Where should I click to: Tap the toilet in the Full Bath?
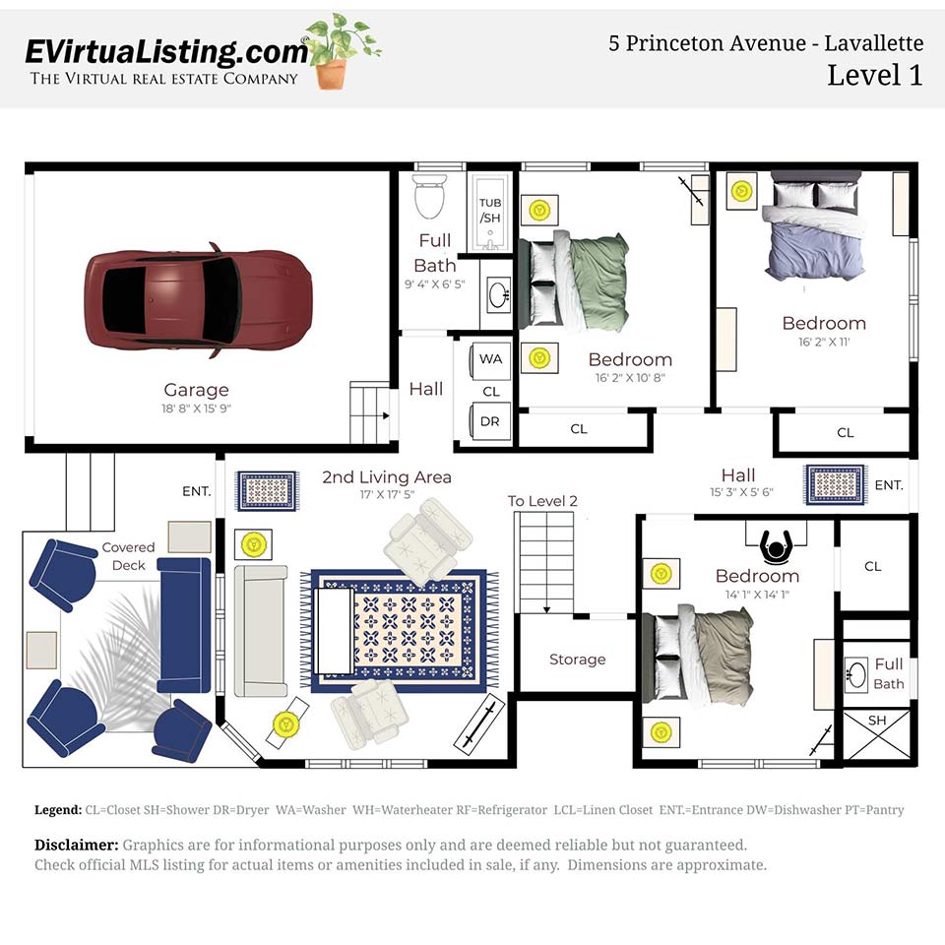coord(429,197)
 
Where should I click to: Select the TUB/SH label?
coord(489,210)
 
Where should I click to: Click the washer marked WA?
coord(490,359)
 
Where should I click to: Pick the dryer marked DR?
coord(490,421)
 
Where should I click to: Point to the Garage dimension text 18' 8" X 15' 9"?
coord(196,409)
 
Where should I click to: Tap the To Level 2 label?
coord(542,501)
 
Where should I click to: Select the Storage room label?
coord(577,660)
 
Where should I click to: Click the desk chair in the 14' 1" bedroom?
coord(778,543)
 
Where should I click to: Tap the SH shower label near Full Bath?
coord(876,721)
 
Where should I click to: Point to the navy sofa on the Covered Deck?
coord(185,624)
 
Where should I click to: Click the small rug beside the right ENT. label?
coord(835,484)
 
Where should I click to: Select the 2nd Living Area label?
coord(387,477)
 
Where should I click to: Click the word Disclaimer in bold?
coord(77,846)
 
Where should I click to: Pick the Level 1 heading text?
coord(874,75)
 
